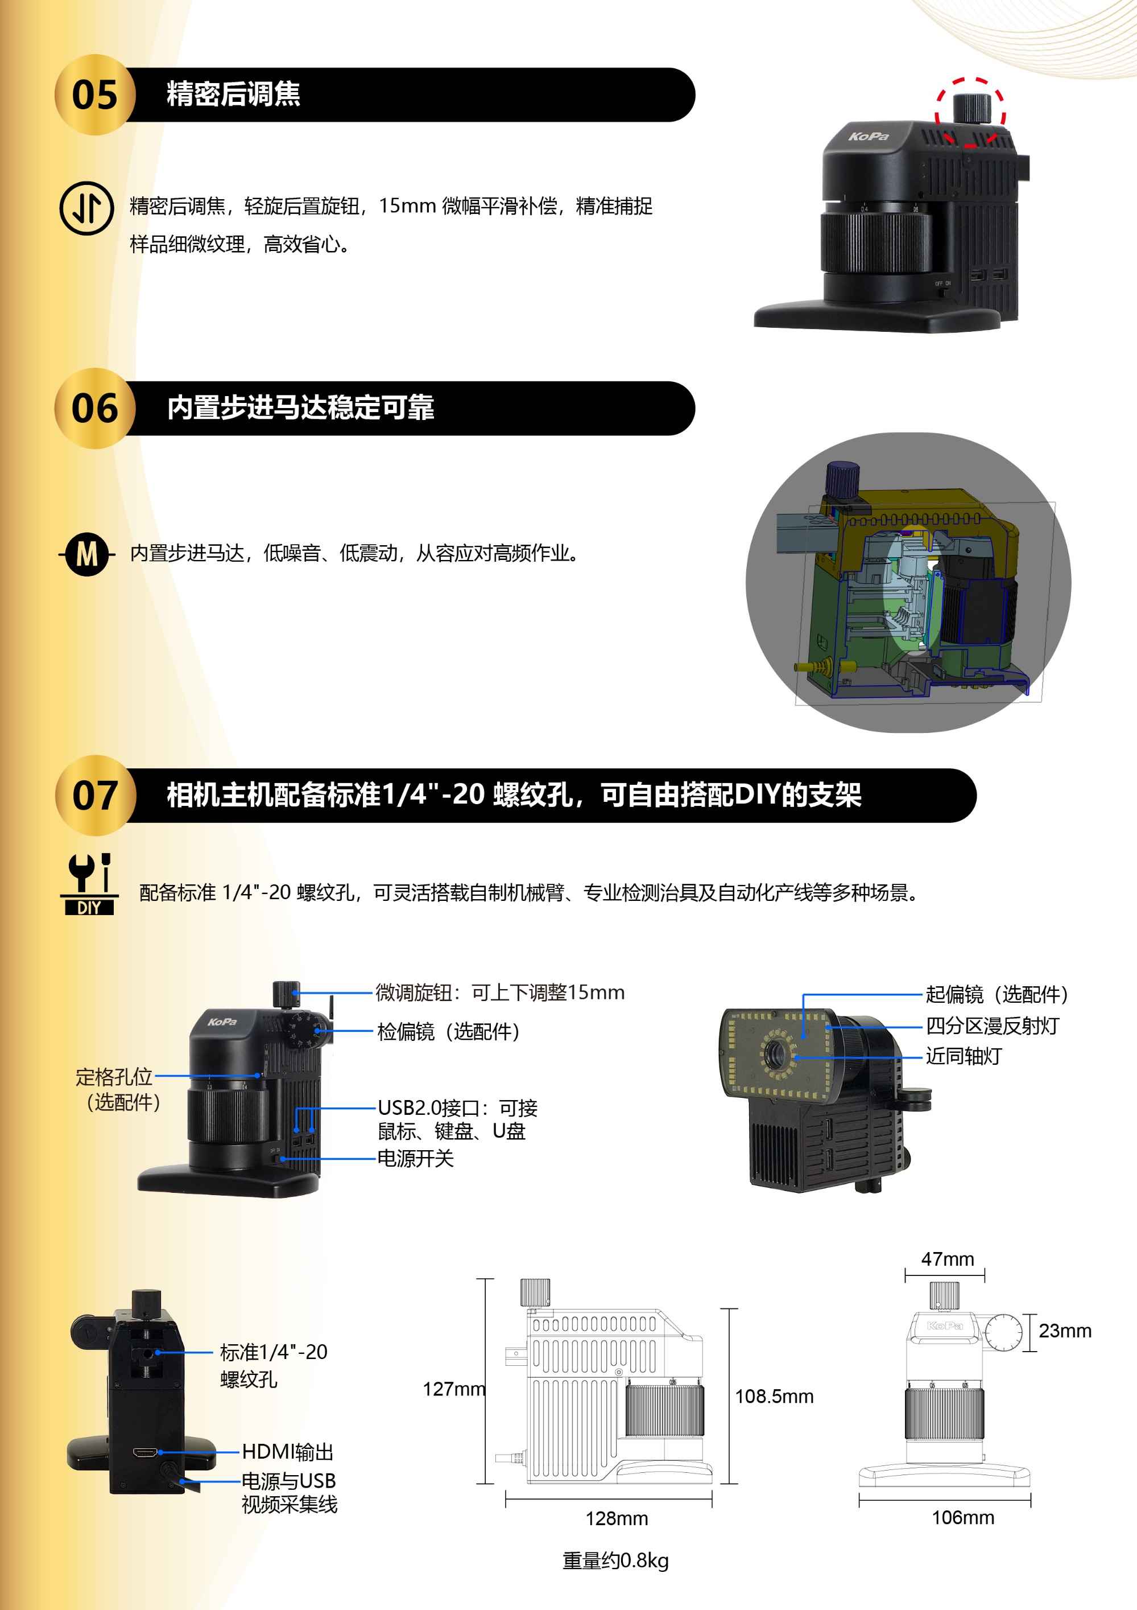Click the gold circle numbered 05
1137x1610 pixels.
94,94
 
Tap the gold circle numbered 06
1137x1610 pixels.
94,408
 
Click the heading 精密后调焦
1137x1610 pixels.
233,94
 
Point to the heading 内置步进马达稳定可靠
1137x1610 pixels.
301,407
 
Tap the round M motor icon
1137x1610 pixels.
87,554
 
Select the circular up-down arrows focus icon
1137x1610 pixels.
86,208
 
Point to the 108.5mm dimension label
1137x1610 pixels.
774,1395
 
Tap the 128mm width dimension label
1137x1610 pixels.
616,1518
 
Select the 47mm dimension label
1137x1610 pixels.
947,1259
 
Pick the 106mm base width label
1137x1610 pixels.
962,1517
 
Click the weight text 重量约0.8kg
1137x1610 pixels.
615,1560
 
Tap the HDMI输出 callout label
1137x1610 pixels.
287,1452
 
